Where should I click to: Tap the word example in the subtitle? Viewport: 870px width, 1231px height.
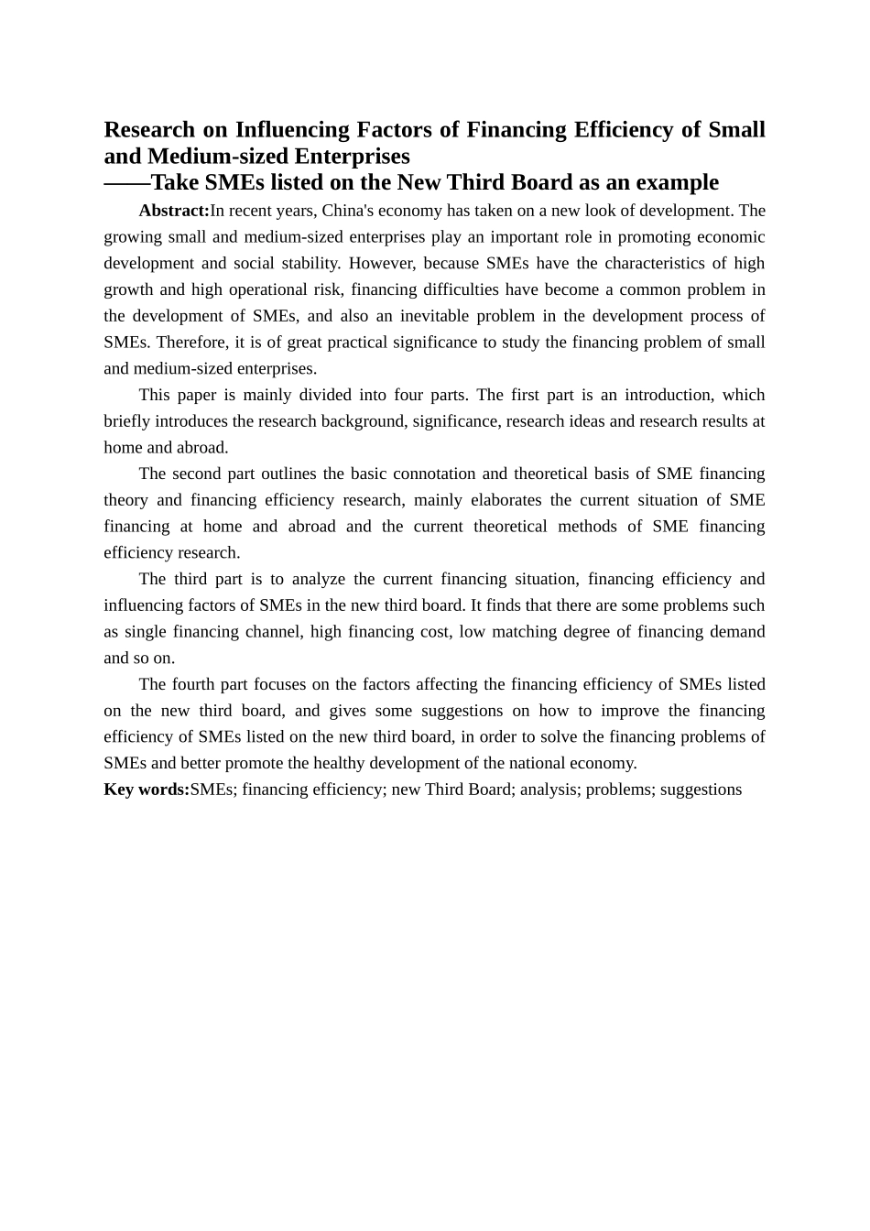[x=674, y=182]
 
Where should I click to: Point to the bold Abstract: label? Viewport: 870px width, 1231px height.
[x=174, y=211]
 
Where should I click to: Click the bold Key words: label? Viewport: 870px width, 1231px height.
[x=147, y=790]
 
